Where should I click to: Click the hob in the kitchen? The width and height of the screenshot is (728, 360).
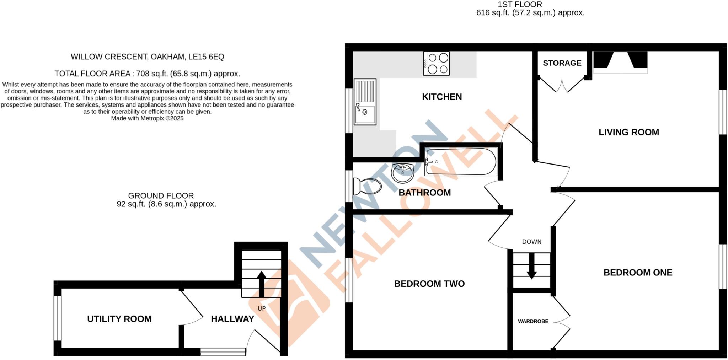(x=436, y=64)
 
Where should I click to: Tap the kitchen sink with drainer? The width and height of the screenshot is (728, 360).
(x=365, y=102)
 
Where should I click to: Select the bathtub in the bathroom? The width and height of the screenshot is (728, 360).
(x=461, y=162)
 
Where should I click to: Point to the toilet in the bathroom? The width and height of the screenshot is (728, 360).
(x=367, y=186)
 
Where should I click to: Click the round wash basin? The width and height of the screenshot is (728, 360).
(x=402, y=172)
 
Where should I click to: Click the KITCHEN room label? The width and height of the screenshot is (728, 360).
(x=442, y=97)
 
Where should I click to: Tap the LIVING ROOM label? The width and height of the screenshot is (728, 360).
(x=628, y=132)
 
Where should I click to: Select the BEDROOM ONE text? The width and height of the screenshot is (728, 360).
(x=638, y=273)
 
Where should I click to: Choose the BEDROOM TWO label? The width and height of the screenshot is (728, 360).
(x=429, y=284)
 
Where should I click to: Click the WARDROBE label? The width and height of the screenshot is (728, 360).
(x=533, y=321)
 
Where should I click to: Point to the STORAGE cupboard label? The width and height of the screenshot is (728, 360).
(x=562, y=63)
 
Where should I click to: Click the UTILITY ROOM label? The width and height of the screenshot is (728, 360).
(x=119, y=319)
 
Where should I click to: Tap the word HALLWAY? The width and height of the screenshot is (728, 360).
(x=232, y=319)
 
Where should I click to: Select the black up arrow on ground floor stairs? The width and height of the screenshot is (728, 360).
(x=261, y=284)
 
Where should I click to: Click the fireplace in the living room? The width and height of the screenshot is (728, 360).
(x=620, y=61)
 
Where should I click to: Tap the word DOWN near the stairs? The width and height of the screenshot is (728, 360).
(x=531, y=242)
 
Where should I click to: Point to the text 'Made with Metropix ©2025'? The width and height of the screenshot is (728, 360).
(x=147, y=118)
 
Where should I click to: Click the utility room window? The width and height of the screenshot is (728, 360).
(x=57, y=318)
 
